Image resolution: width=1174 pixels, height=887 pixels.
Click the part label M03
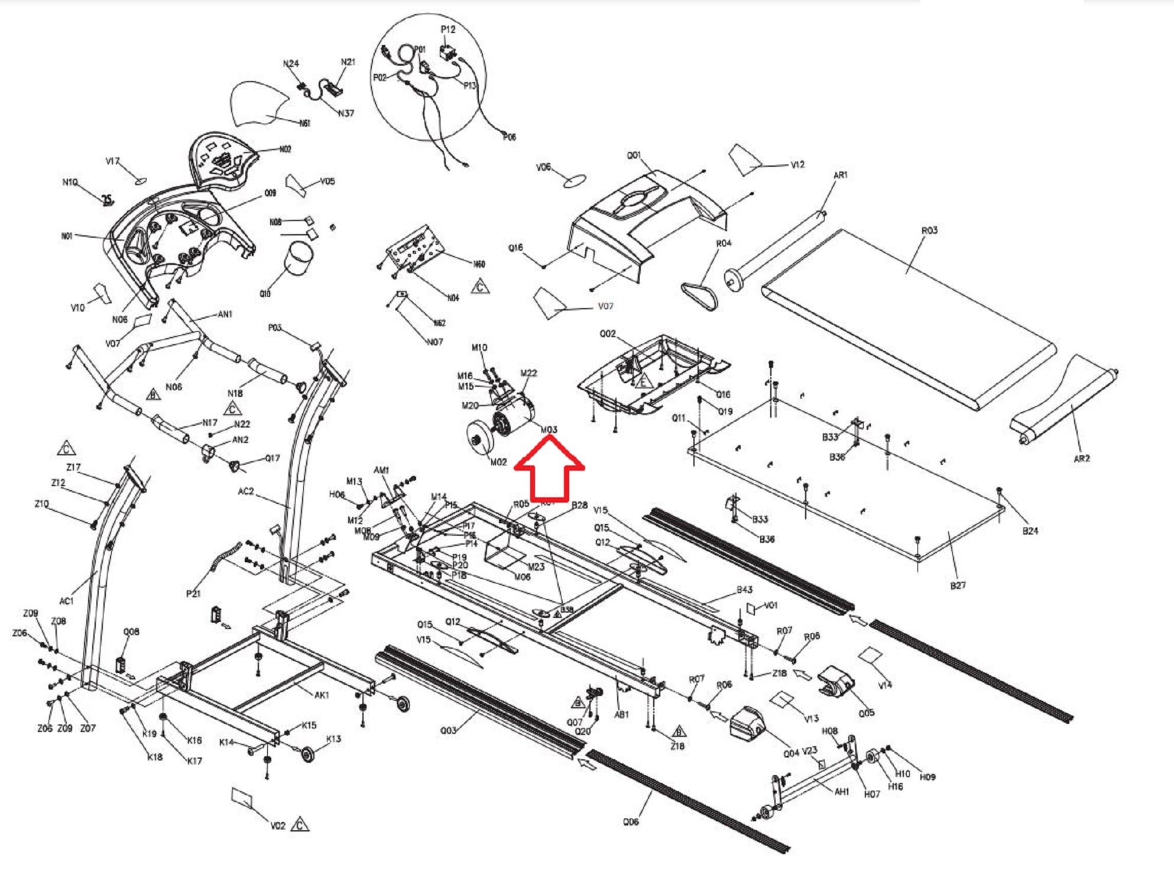pos(549,430)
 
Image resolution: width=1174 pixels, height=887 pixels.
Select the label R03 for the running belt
pos(929,230)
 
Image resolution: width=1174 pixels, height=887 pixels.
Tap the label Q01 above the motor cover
pos(634,156)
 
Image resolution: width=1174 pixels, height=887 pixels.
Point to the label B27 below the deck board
pos(958,585)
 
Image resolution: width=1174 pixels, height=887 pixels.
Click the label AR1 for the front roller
pos(840,175)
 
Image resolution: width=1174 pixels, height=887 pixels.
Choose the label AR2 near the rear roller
pos(1081,459)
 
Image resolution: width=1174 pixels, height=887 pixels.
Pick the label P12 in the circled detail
pos(448,30)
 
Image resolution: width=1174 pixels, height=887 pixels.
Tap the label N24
pos(291,63)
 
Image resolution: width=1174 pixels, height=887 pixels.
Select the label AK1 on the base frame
pos(322,695)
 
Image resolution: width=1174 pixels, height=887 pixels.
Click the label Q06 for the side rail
pos(631,822)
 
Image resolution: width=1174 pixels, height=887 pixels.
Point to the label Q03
pos(448,730)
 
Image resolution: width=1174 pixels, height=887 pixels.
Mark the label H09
pos(927,777)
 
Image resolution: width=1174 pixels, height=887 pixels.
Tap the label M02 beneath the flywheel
pos(498,462)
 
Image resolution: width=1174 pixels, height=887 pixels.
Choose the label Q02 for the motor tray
pos(608,334)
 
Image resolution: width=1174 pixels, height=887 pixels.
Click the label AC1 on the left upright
pos(66,601)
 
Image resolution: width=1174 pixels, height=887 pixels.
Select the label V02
pos(278,826)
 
